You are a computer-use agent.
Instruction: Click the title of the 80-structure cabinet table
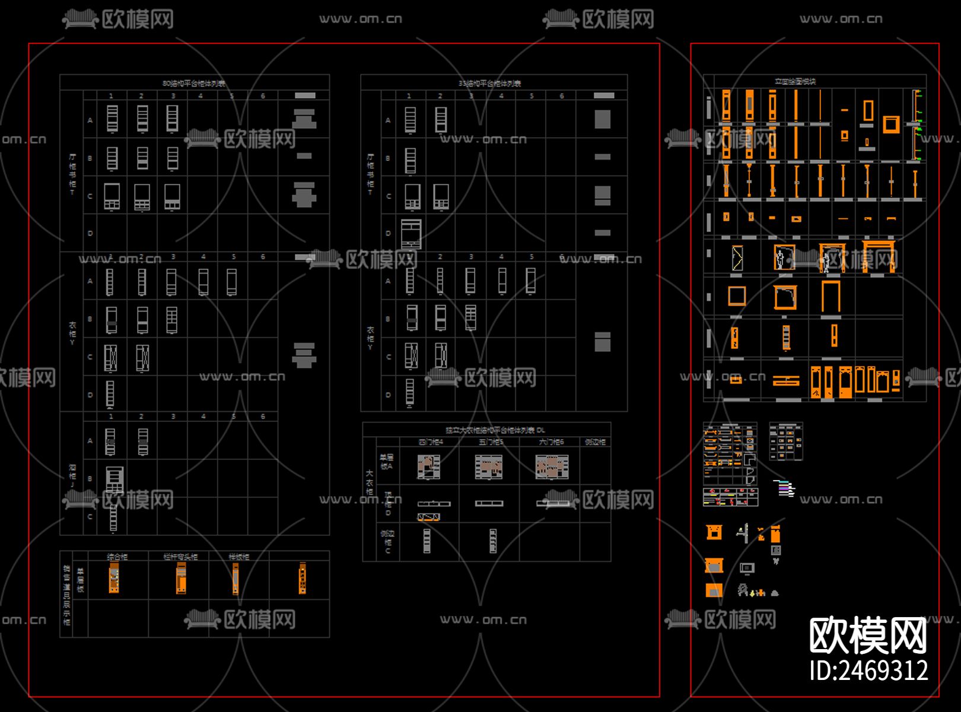[x=194, y=83]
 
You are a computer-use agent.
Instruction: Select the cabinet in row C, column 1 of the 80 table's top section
[x=112, y=196]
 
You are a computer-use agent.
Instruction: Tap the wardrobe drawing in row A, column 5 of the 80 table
[x=231, y=282]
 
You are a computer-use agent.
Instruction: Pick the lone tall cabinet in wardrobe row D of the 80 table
[x=110, y=394]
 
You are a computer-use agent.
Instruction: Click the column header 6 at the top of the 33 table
[x=561, y=96]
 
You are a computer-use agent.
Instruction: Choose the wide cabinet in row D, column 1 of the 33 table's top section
[x=411, y=234]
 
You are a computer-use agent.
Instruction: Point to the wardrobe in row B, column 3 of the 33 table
[x=470, y=317]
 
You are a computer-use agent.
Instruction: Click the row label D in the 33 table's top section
[x=388, y=234]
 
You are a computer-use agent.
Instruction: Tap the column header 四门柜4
[x=431, y=442]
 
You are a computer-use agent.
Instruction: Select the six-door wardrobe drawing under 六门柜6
[x=552, y=467]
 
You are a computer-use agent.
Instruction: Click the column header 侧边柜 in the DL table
[x=595, y=442]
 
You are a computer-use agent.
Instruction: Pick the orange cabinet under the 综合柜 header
[x=114, y=578]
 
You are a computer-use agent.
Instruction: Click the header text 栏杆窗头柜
[x=180, y=557]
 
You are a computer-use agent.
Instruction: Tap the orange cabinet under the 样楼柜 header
[x=236, y=578]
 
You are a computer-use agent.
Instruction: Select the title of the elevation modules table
[x=795, y=81]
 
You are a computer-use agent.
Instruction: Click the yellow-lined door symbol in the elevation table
[x=737, y=258]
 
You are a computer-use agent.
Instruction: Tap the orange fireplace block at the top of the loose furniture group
[x=714, y=532]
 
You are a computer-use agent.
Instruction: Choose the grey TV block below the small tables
[x=747, y=568]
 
